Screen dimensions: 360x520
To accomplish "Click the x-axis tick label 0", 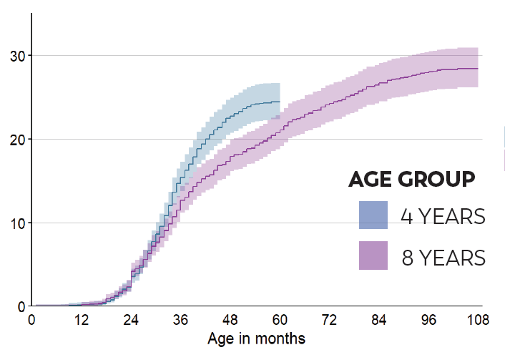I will click(31, 319).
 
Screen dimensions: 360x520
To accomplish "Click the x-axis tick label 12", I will click(81, 319).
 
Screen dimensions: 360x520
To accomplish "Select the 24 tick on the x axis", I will click(131, 319).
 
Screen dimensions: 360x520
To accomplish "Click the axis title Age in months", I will click(256, 338).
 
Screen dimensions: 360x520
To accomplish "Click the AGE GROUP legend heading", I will click(412, 180).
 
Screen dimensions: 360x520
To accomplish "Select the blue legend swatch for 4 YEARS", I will click(373, 215).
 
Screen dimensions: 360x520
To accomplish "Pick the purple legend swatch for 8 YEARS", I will click(373, 256).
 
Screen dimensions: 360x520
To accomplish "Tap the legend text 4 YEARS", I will click(443, 216).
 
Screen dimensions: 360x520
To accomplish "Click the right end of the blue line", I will click(279, 102).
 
